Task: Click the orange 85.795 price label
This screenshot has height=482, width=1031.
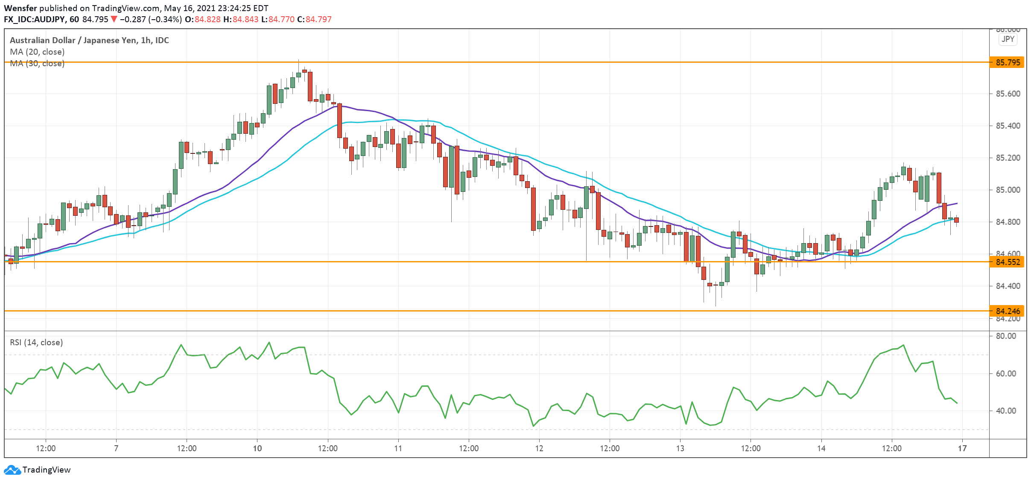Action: [1007, 62]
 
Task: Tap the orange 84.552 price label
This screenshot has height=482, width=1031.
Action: [1007, 262]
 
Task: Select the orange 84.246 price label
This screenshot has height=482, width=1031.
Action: [1007, 311]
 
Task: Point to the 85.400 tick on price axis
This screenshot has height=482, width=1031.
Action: [1007, 126]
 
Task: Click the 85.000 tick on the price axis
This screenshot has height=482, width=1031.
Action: [1007, 190]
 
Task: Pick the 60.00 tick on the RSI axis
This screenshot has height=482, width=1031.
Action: [1005, 373]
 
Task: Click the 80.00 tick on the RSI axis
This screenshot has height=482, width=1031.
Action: [1005, 336]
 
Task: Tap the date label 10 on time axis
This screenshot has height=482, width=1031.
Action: [257, 448]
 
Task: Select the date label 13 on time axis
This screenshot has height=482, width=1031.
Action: [680, 448]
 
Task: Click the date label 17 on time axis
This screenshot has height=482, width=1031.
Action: [962, 448]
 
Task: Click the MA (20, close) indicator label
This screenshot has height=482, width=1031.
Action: [37, 52]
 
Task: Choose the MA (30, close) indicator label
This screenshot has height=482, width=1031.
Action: [37, 63]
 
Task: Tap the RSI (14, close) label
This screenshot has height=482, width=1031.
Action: [36, 342]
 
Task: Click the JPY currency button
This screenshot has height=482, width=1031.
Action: [1008, 39]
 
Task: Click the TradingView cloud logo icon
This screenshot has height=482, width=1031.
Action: [12, 470]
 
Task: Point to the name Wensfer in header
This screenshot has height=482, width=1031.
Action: [20, 8]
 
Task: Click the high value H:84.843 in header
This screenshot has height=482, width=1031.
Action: [241, 19]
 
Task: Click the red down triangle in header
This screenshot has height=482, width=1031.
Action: [114, 19]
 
